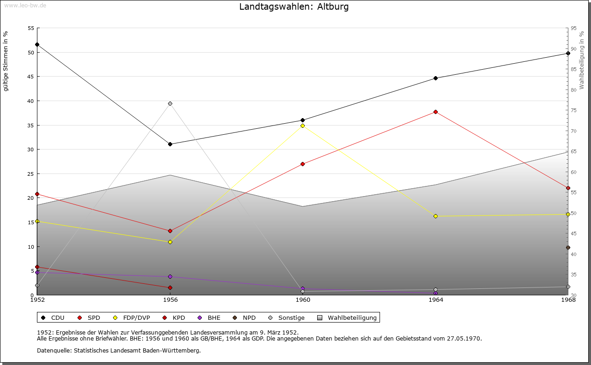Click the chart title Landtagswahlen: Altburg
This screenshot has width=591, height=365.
click(294, 7)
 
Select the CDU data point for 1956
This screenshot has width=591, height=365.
click(170, 144)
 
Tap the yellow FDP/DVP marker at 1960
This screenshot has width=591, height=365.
click(303, 126)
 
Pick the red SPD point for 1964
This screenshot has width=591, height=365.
click(435, 112)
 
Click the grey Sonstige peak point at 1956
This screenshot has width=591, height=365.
click(170, 103)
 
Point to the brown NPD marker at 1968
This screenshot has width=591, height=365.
click(568, 248)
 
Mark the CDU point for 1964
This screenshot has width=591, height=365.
click(435, 78)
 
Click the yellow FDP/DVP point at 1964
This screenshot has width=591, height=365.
click(435, 216)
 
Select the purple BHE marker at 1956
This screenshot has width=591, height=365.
click(170, 277)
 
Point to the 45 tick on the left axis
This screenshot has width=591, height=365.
click(31, 77)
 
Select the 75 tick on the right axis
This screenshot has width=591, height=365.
click(573, 110)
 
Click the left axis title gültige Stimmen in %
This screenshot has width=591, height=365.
click(6, 61)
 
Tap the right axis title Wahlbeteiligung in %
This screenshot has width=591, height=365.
click(582, 60)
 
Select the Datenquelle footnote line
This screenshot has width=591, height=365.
click(119, 350)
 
